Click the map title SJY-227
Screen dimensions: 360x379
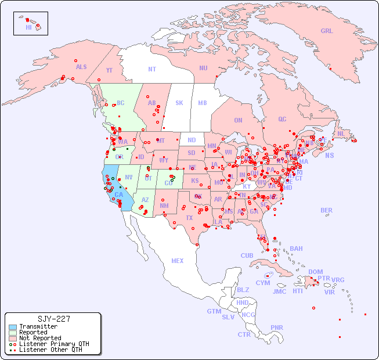pos(53,319)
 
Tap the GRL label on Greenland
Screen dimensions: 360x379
pos(327,31)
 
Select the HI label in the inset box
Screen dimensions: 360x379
pos(28,27)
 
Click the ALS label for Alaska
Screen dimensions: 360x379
pos(81,67)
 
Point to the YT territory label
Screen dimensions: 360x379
pos(109,70)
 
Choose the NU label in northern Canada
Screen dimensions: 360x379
pos(203,68)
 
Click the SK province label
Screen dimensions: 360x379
pos(179,103)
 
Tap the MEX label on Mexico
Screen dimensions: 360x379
pos(178,261)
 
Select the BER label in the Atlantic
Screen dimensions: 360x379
pos(326,210)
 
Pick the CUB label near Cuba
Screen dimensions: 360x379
pos(247,255)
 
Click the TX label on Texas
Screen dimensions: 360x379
pos(189,218)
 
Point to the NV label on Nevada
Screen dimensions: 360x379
pos(129,177)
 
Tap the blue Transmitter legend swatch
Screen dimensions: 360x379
pos(12,327)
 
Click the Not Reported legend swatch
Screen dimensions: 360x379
pos(12,338)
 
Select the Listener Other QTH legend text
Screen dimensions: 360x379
pos(50,350)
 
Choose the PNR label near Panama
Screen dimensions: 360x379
pos(277,327)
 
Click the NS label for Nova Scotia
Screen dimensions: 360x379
pos(329,156)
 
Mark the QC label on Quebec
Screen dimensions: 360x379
pos(282,119)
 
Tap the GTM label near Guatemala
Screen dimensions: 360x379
pos(214,311)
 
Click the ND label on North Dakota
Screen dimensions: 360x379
pos(192,140)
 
